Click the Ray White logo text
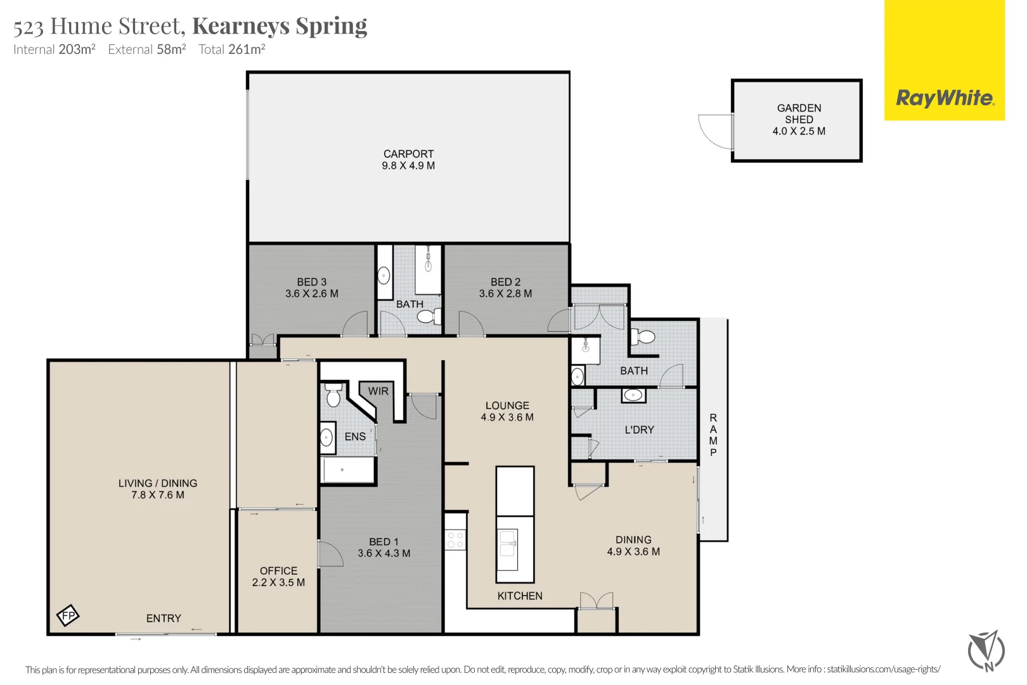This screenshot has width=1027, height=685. click(944, 98)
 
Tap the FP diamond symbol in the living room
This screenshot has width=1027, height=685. click(68, 615)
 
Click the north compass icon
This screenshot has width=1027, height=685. click(986, 650)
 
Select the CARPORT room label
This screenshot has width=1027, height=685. click(408, 154)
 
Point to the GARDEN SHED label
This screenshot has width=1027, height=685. click(799, 114)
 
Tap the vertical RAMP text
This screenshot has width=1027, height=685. click(713, 435)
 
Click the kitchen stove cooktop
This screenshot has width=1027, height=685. click(455, 540)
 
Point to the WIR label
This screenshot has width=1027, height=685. click(378, 391)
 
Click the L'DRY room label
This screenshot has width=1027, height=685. click(639, 430)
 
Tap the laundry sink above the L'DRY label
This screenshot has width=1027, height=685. click(633, 396)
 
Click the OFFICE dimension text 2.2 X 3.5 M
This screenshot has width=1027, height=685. click(278, 582)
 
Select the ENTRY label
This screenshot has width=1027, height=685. click(164, 618)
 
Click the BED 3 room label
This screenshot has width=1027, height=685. click(312, 282)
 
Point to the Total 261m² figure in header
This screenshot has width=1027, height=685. click(231, 49)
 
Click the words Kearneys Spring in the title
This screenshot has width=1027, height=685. click(280, 26)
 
